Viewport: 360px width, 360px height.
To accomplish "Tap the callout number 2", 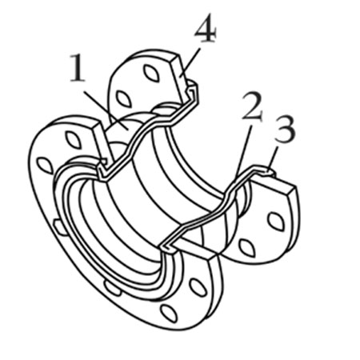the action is [x=252, y=106].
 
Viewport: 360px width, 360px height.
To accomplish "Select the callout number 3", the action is [x=286, y=130].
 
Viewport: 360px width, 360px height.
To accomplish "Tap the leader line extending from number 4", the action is [x=190, y=62].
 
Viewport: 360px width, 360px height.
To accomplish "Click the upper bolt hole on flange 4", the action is [x=151, y=73].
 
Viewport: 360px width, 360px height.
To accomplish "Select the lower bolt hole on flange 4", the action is [x=124, y=99].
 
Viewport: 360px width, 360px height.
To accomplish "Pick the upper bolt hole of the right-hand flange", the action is [x=276, y=221].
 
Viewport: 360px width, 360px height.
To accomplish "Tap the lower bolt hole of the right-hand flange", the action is [x=247, y=248].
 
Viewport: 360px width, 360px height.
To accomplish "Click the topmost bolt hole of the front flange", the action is [x=74, y=140].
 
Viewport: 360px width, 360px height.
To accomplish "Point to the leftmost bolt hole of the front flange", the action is [x=45, y=166].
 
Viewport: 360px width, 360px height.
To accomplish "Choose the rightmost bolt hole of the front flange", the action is [x=198, y=287].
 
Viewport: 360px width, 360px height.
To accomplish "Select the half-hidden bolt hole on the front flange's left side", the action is [x=61, y=226].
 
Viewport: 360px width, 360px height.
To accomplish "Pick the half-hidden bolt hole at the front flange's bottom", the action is [x=113, y=288].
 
